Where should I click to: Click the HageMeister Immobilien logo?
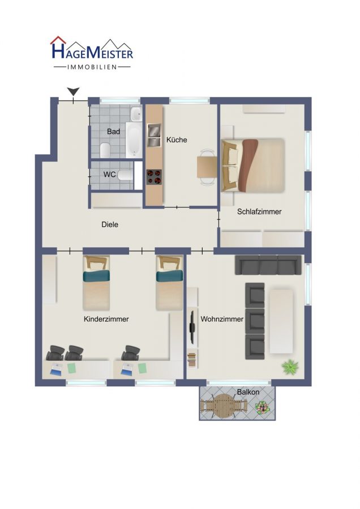tap(92, 53)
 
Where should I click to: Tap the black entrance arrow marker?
tap(74, 92)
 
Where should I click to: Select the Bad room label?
tap(113, 131)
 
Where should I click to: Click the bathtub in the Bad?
tap(134, 140)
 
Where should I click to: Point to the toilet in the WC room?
tap(125, 176)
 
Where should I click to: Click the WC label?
tap(109, 174)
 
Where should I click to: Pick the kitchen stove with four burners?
tap(154, 177)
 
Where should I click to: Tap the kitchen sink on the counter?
tap(154, 135)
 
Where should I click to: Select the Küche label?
tap(177, 140)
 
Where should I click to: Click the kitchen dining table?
tap(207, 167)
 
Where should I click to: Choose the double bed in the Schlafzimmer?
tap(253, 165)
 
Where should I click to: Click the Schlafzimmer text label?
tap(259, 212)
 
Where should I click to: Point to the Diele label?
tap(110, 225)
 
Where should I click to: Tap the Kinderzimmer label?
tap(106, 319)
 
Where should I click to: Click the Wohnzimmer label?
tap(222, 319)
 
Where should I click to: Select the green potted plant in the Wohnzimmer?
tap(290, 366)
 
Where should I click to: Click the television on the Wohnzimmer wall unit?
tap(192, 327)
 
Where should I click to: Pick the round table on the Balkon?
tap(223, 406)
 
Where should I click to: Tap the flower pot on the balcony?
tap(262, 407)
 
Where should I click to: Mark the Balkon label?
tap(248, 392)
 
